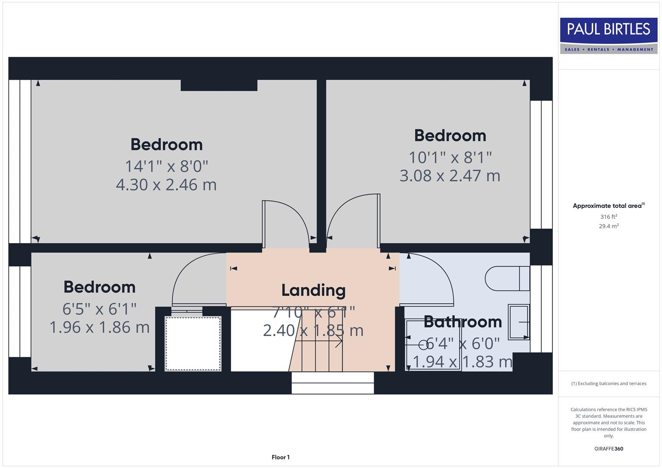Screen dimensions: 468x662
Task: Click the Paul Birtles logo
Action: click(608, 36)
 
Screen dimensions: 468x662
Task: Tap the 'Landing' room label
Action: click(313, 290)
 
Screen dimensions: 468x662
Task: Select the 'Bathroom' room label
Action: click(462, 322)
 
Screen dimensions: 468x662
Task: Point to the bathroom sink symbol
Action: click(519, 322)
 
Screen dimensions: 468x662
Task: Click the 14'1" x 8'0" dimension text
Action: click(166, 166)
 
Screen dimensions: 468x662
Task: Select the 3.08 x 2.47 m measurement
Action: click(450, 176)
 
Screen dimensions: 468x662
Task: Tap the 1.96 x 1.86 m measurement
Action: click(99, 327)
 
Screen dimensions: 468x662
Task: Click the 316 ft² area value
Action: click(608, 217)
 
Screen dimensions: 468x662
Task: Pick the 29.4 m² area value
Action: click(608, 226)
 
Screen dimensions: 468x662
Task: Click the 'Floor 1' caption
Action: click(280, 457)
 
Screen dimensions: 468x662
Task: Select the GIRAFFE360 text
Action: click(608, 448)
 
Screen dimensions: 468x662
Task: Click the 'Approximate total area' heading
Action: click(608, 206)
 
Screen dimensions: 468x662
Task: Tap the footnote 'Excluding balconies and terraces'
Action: click(608, 383)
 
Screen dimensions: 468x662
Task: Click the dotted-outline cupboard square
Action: click(193, 344)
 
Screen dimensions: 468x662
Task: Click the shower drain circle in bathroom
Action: click(423, 345)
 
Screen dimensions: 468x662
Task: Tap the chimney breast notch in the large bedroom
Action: click(219, 85)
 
